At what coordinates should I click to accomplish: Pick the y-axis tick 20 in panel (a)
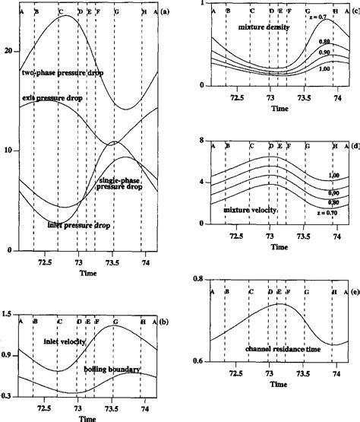click(x=8, y=50)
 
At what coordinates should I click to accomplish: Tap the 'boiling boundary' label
click(x=112, y=369)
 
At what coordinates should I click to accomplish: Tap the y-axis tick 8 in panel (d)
click(x=198, y=141)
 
